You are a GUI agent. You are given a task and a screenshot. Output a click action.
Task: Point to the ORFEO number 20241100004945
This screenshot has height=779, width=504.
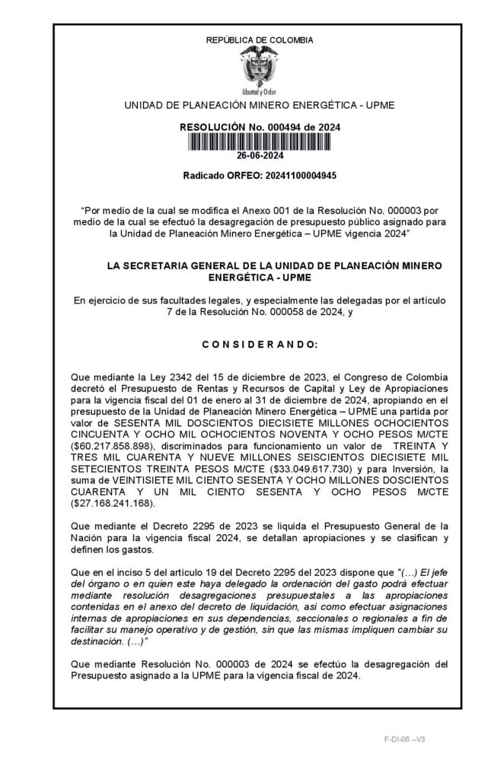coord(292,176)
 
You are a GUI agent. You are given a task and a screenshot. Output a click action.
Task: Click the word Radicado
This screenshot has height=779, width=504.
coord(205,176)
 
